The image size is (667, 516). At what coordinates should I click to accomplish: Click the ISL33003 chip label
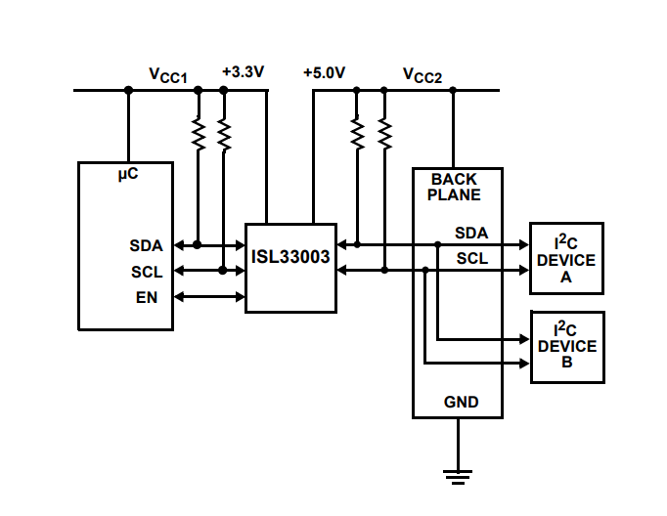click(x=289, y=260)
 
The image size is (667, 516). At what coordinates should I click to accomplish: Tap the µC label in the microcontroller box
click(x=127, y=174)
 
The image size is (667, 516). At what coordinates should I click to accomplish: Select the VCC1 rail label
click(x=167, y=73)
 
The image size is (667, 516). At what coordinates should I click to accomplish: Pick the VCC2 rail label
click(x=422, y=73)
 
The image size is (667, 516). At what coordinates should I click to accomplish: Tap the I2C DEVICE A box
click(x=566, y=259)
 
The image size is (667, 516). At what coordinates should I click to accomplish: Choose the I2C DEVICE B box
click(x=566, y=347)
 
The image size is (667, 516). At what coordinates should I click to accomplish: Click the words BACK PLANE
click(x=454, y=188)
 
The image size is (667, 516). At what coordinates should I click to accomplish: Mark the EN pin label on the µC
click(x=147, y=295)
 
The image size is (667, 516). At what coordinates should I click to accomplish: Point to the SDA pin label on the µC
click(x=147, y=245)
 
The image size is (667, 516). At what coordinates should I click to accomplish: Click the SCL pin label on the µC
click(x=147, y=271)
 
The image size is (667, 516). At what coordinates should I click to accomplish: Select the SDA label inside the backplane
click(x=472, y=233)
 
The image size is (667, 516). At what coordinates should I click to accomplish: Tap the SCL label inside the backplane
click(x=472, y=258)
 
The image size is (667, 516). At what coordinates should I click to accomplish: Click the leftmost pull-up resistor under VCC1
click(x=199, y=134)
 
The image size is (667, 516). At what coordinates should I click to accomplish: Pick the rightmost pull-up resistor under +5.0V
click(x=383, y=133)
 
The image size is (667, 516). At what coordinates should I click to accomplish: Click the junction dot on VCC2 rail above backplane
click(x=453, y=90)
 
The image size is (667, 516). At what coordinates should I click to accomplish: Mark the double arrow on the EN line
click(x=209, y=295)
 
